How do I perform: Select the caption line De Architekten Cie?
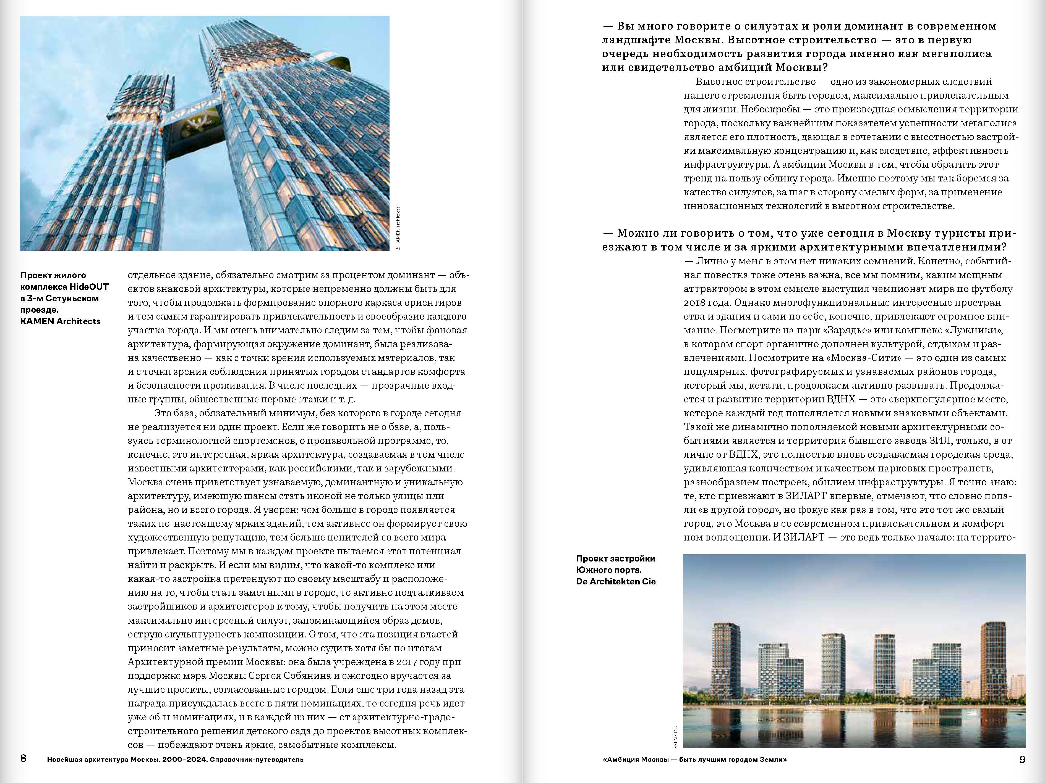[x=616, y=581]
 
